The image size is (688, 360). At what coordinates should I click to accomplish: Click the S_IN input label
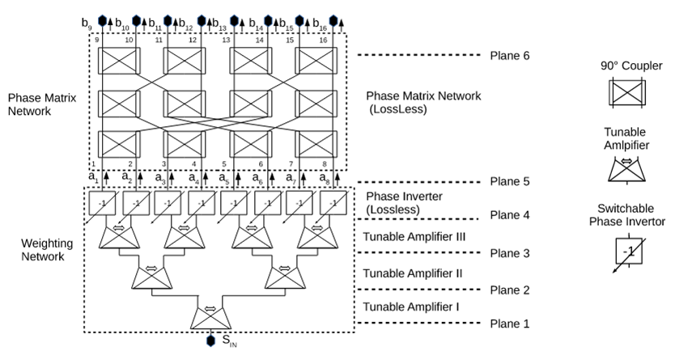(230, 341)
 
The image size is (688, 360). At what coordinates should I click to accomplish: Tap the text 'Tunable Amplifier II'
(414, 273)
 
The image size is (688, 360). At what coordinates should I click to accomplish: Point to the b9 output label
(87, 22)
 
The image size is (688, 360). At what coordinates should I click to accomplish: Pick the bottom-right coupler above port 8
(312, 144)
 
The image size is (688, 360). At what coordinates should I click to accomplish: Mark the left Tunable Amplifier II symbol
(151, 275)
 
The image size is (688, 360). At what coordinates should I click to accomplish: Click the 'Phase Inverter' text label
(403, 197)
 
